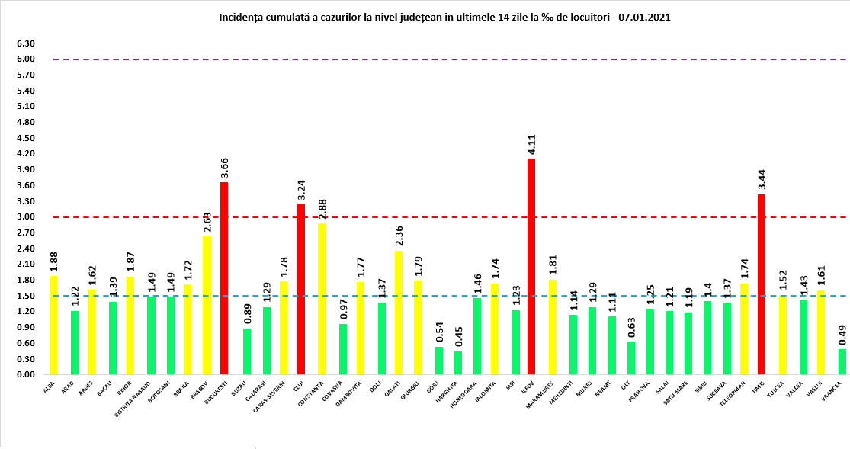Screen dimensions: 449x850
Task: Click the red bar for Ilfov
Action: pyautogui.click(x=531, y=267)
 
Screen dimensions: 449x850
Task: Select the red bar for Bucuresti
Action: pyautogui.click(x=224, y=278)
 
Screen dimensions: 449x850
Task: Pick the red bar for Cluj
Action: pyautogui.click(x=301, y=290)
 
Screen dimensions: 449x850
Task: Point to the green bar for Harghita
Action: pyautogui.click(x=457, y=363)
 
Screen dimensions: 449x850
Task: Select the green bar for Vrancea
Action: pyautogui.click(x=842, y=362)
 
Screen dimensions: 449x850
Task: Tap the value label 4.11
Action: pyautogui.click(x=532, y=145)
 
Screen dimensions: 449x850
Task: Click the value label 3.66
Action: pyautogui.click(x=225, y=168)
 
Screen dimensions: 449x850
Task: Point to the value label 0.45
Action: pyautogui.click(x=458, y=338)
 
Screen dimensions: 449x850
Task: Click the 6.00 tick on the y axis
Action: pyautogui.click(x=26, y=59)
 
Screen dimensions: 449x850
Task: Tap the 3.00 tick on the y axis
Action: pyautogui.click(x=26, y=217)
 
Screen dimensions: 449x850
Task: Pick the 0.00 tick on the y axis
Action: pyautogui.click(x=26, y=375)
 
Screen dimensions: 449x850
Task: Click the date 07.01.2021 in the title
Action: pyautogui.click(x=645, y=16)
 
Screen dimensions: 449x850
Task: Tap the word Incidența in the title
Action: pyautogui.click(x=241, y=16)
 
